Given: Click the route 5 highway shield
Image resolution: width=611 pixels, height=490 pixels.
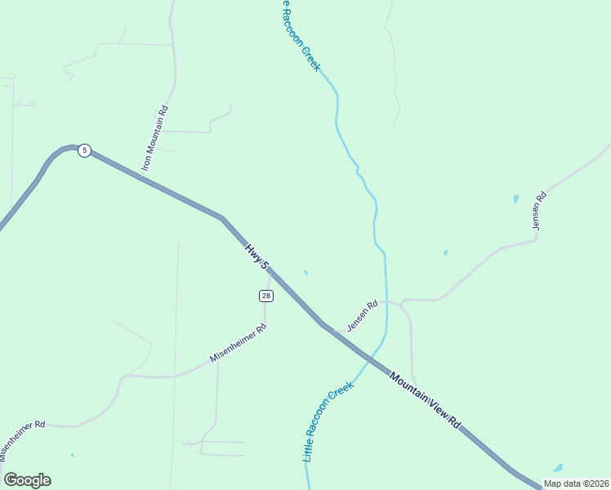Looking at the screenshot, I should [84, 151].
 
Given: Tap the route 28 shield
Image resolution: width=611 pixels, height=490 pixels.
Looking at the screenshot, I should [266, 296].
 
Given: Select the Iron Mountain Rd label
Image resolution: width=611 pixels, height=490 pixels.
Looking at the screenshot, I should [154, 139].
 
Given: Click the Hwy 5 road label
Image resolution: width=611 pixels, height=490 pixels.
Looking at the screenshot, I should [256, 256].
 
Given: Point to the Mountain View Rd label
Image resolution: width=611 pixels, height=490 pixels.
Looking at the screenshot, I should [425, 401].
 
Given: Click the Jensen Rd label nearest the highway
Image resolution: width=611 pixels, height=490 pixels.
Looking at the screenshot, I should [362, 316].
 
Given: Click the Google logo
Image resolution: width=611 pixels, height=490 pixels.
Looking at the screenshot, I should [27, 480].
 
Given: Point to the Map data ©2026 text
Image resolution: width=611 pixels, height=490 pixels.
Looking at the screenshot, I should [576, 483].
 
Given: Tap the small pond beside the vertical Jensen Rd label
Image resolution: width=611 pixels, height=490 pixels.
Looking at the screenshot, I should [515, 198].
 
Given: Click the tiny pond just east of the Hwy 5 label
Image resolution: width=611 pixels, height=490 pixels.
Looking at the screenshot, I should [305, 273].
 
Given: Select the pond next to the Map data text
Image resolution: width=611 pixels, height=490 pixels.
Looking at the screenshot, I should [558, 469].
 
